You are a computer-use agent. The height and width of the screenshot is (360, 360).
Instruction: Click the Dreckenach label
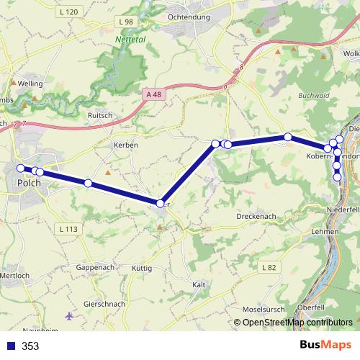(x=257, y=216)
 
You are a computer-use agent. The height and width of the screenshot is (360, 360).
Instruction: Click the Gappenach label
(x=95, y=267)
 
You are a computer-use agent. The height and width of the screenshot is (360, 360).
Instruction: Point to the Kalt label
(x=199, y=285)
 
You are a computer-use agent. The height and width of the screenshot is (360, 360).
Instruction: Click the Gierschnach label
(x=104, y=304)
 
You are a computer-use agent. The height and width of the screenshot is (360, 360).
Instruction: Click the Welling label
(x=30, y=84)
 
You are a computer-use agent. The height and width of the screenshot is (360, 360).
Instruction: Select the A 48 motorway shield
(x=153, y=94)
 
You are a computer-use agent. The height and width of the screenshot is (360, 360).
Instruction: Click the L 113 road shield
(x=68, y=229)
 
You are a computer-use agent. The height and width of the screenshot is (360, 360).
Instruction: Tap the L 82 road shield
(x=269, y=267)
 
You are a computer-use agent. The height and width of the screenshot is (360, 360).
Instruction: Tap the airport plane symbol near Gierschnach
(x=69, y=315)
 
